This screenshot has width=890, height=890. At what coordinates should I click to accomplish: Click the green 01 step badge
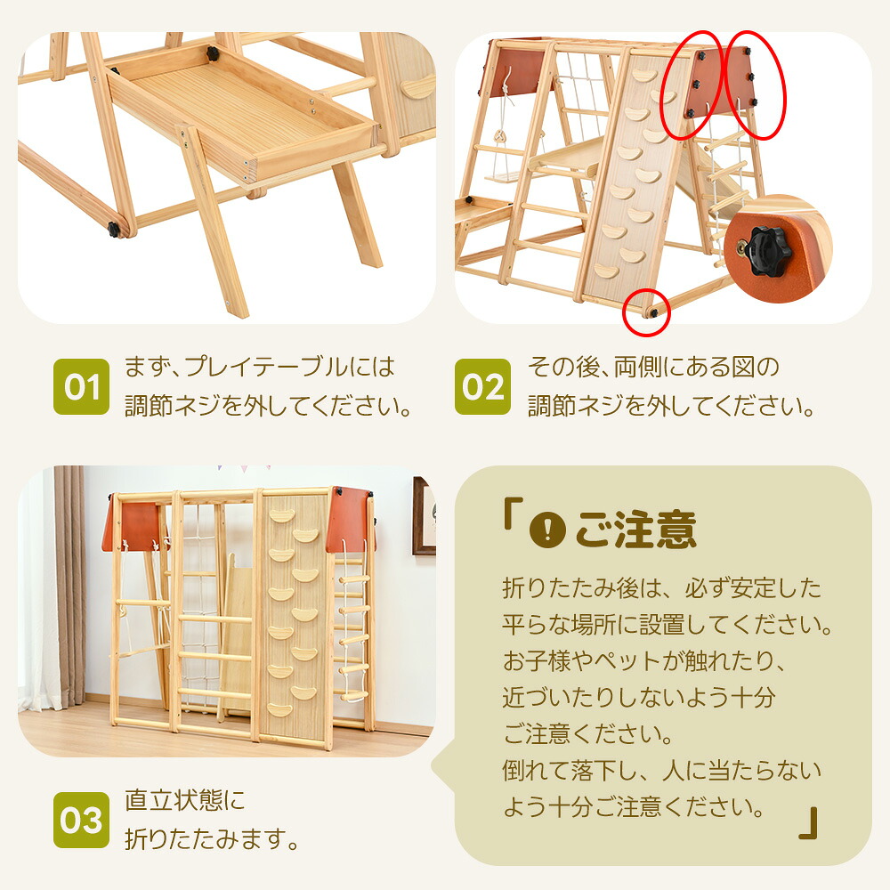point(81,386)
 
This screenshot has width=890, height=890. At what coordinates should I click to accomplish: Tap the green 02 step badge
point(482,386)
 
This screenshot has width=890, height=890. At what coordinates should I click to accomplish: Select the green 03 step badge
point(81,820)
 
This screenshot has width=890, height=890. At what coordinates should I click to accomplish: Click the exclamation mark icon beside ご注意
point(547,530)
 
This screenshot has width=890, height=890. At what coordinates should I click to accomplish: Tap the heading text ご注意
point(635,530)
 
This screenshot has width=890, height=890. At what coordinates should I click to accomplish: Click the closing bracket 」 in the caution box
point(808,822)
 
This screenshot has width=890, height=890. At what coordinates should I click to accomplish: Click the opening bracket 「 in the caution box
point(512,514)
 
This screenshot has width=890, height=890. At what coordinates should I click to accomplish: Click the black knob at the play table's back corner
point(213,53)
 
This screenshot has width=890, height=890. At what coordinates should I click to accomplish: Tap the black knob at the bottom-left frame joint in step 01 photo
point(114,230)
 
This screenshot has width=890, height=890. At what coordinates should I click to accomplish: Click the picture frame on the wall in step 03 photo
point(424,516)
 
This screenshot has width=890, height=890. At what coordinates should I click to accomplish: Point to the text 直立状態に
point(185,800)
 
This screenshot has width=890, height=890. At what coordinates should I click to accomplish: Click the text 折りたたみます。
point(212,838)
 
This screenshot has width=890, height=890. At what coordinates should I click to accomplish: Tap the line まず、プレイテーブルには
point(259,367)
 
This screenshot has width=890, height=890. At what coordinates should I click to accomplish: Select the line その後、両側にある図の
point(653,367)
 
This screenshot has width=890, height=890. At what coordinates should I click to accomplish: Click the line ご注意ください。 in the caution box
point(587,733)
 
